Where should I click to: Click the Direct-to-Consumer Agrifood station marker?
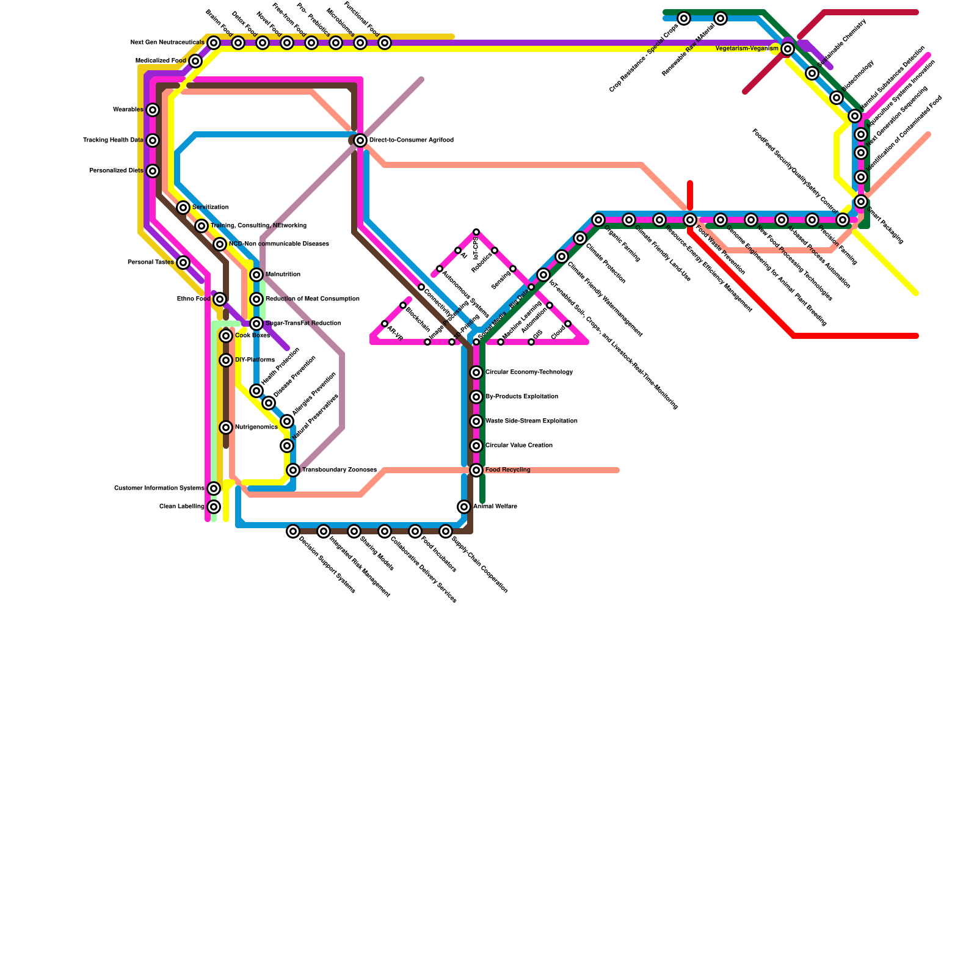coord(360,140)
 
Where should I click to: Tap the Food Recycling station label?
coord(507,470)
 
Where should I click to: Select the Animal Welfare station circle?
coord(464,507)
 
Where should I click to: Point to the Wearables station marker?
coord(153,110)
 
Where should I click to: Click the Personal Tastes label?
coord(151,263)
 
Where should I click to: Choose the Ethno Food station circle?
coord(220,299)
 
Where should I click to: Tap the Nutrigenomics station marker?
coord(226,427)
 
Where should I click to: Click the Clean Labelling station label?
coord(182,507)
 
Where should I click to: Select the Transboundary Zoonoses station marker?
coord(293,470)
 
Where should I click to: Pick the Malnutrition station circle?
coord(256,275)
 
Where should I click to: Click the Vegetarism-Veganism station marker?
coord(788,49)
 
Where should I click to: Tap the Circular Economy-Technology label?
coord(529,372)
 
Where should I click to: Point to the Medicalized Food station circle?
coord(195,61)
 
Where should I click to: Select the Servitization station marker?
coord(183,208)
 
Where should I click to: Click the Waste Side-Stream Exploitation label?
coord(531,421)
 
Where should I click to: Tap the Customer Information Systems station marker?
coord(214,488)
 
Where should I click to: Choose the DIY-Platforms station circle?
coord(226,360)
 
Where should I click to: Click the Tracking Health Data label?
coord(114,140)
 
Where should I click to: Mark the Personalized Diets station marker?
coord(153,171)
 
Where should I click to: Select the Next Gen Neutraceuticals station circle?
coord(214,43)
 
